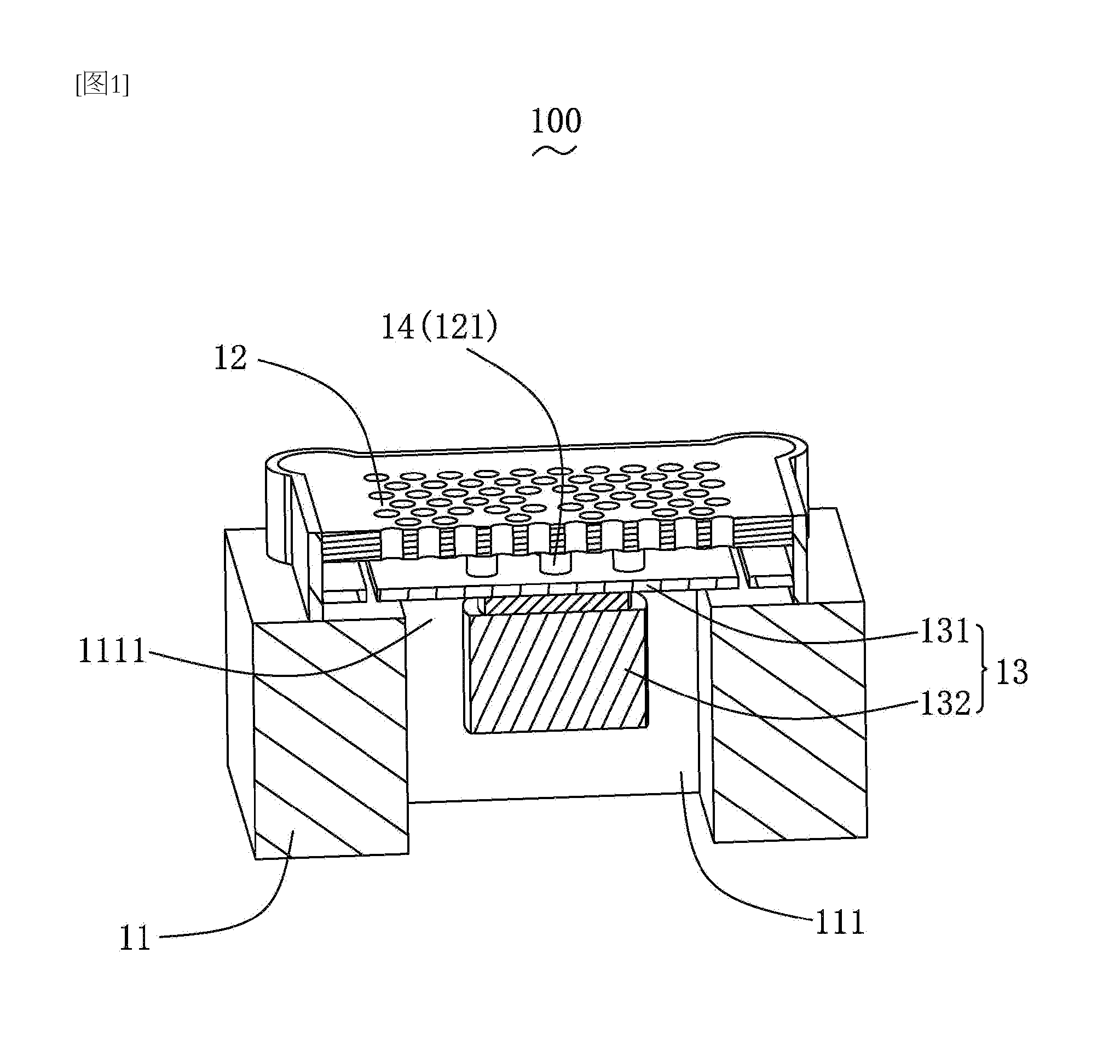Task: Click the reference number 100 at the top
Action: coord(556,121)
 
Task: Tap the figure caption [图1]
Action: coord(103,84)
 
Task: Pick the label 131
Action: coord(945,631)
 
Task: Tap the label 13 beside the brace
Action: coord(1013,672)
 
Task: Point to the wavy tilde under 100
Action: coord(555,151)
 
